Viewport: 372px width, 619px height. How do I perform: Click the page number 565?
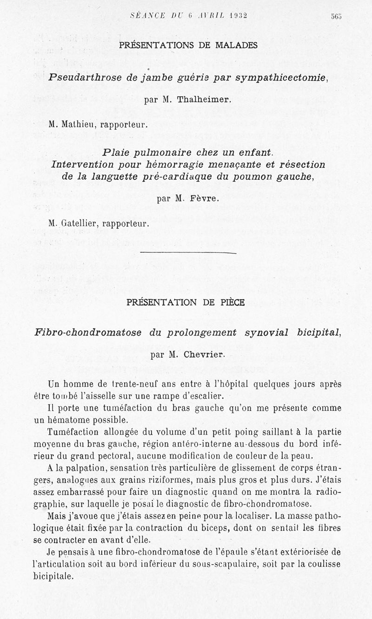pos(336,15)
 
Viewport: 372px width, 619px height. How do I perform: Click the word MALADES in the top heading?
pos(235,45)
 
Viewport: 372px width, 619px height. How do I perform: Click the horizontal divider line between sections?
pos(188,253)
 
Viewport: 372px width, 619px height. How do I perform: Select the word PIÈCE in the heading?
pos(233,302)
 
